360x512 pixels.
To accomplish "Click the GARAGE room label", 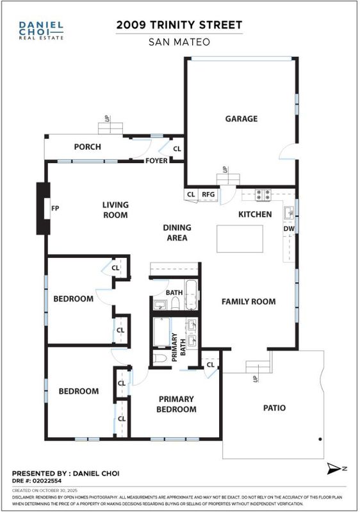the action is (241, 118).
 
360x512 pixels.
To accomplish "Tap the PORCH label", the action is (87, 147).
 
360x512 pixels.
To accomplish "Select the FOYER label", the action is (156, 161).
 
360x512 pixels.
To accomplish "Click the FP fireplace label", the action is (55, 208).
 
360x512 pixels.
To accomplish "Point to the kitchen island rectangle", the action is (240, 239).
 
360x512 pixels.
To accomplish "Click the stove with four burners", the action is (263, 195).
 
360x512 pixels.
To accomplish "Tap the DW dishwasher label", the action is (289, 228).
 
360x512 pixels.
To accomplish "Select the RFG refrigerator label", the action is (208, 195).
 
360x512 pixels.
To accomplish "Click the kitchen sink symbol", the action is (289, 212).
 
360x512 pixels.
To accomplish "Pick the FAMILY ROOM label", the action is (249, 301).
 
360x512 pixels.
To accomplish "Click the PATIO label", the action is (274, 408).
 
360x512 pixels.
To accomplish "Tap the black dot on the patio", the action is (320, 439).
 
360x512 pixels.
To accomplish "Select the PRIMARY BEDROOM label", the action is (176, 404).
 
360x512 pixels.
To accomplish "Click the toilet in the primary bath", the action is (160, 358).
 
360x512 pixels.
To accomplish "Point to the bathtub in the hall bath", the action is (191, 294).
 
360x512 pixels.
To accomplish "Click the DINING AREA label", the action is (177, 232).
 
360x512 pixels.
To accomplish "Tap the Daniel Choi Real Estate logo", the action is (41, 30).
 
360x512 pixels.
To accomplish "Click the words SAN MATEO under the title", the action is (179, 42).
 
